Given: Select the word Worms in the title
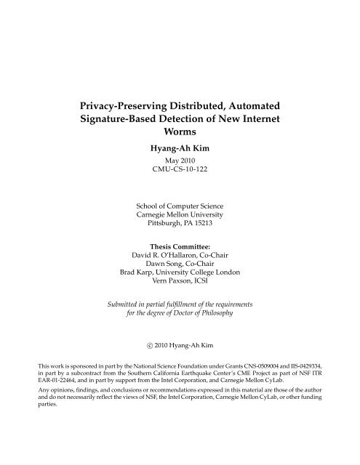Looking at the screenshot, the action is [180, 130].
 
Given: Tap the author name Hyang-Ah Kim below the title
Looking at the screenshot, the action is [180, 145].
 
